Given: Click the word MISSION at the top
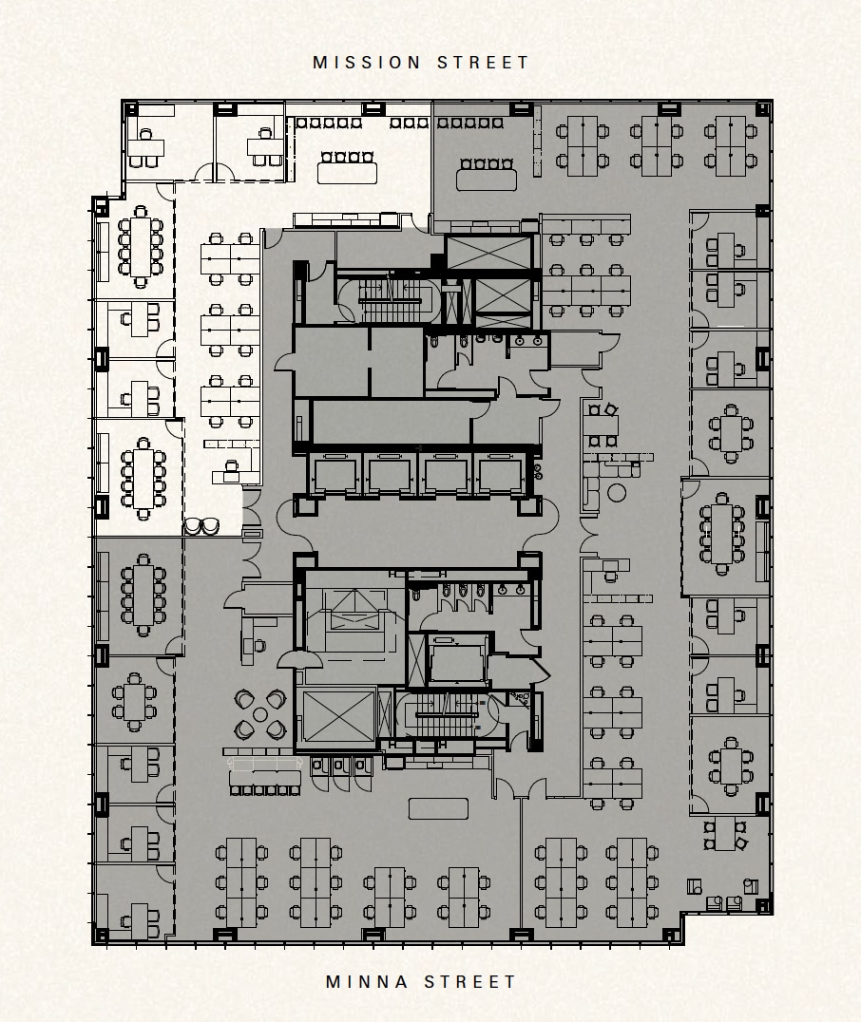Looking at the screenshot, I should click(x=367, y=63).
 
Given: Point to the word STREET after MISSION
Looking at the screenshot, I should click(x=484, y=63).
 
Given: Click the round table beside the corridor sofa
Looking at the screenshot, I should click(x=618, y=492).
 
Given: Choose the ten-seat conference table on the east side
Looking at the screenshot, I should click(x=723, y=534).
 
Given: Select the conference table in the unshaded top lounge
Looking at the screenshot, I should click(x=348, y=172).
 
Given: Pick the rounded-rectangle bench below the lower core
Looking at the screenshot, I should click(x=438, y=808).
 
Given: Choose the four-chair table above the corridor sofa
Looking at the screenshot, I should click(x=601, y=425).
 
